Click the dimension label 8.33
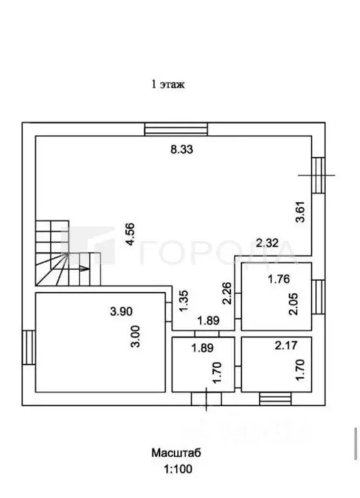pos(182,149)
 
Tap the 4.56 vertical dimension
pos(130,235)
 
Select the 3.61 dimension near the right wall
pos(300,212)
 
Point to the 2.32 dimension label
pos(267,243)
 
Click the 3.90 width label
pos(121,312)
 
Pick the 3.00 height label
pos(136,337)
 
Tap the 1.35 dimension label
pos(184,301)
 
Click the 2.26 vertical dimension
pos(227,293)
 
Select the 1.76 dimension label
pos(279,279)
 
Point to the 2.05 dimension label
pos(294,304)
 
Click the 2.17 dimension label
pos(286,345)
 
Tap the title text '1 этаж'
pos(168,84)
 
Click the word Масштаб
pos(176,453)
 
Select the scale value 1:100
pos(178,469)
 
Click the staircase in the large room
pos(68,253)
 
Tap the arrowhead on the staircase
pos(85,269)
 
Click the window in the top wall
pos(175,129)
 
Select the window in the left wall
pos(29,347)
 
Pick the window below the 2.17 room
pos(275,399)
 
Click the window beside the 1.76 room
pos(318,297)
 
